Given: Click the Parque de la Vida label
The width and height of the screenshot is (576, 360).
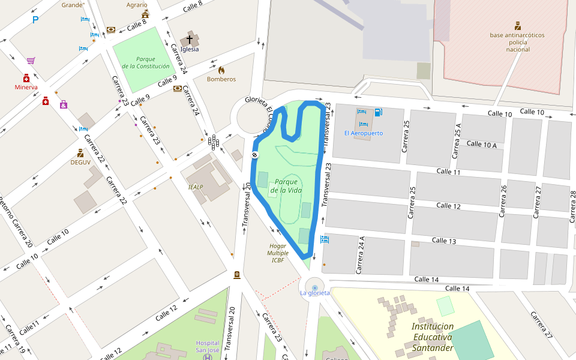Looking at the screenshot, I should pos(286,186).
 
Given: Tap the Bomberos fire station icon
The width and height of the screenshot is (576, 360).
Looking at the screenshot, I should pos(221,70).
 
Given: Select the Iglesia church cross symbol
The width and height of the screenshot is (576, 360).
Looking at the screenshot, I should pos(190,40).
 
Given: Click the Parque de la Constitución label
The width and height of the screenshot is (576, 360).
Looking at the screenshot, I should pos(145,62).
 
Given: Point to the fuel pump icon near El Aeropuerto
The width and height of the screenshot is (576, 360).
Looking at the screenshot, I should pos(378,112).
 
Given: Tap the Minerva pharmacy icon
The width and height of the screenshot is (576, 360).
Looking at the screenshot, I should pos(26,79).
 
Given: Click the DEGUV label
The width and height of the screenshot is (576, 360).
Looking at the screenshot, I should pos(80,162).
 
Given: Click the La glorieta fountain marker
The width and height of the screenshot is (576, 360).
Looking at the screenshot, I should pos(315,289).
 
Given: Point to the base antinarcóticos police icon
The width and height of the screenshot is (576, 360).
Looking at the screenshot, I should pos(517,26).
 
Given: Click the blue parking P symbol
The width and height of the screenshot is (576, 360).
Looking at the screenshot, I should pos(36,19).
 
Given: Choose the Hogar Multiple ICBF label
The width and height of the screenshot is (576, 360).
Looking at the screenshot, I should pos(277,253).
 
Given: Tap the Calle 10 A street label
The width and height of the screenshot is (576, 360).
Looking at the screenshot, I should pos(481,144).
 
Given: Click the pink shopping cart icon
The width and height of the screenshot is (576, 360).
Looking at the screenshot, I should pos(31,61).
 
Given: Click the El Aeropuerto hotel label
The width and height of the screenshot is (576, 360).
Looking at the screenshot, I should pos(363,133).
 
